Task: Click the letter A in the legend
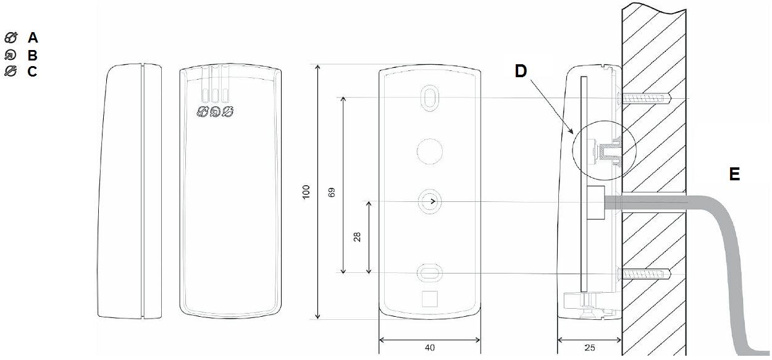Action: (33, 38)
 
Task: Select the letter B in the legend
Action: (32, 55)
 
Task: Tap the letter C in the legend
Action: (32, 71)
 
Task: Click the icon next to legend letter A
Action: (10, 38)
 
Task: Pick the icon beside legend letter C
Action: (10, 71)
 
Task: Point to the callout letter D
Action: (521, 71)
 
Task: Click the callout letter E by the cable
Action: (734, 174)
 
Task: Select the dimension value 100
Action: (306, 191)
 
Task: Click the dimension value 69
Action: (332, 192)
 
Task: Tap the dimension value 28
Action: (357, 237)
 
